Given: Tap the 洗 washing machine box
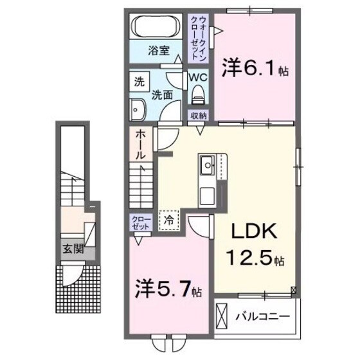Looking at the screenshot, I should [139, 82].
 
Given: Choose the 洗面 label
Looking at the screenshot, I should [161, 94].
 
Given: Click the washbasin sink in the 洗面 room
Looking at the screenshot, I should [138, 109].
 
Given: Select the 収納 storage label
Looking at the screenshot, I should [198, 116].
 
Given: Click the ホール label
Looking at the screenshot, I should [140, 145].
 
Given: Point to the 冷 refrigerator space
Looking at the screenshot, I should [169, 218].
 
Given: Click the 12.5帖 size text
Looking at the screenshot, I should [251, 260].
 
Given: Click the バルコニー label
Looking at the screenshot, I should [262, 316].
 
